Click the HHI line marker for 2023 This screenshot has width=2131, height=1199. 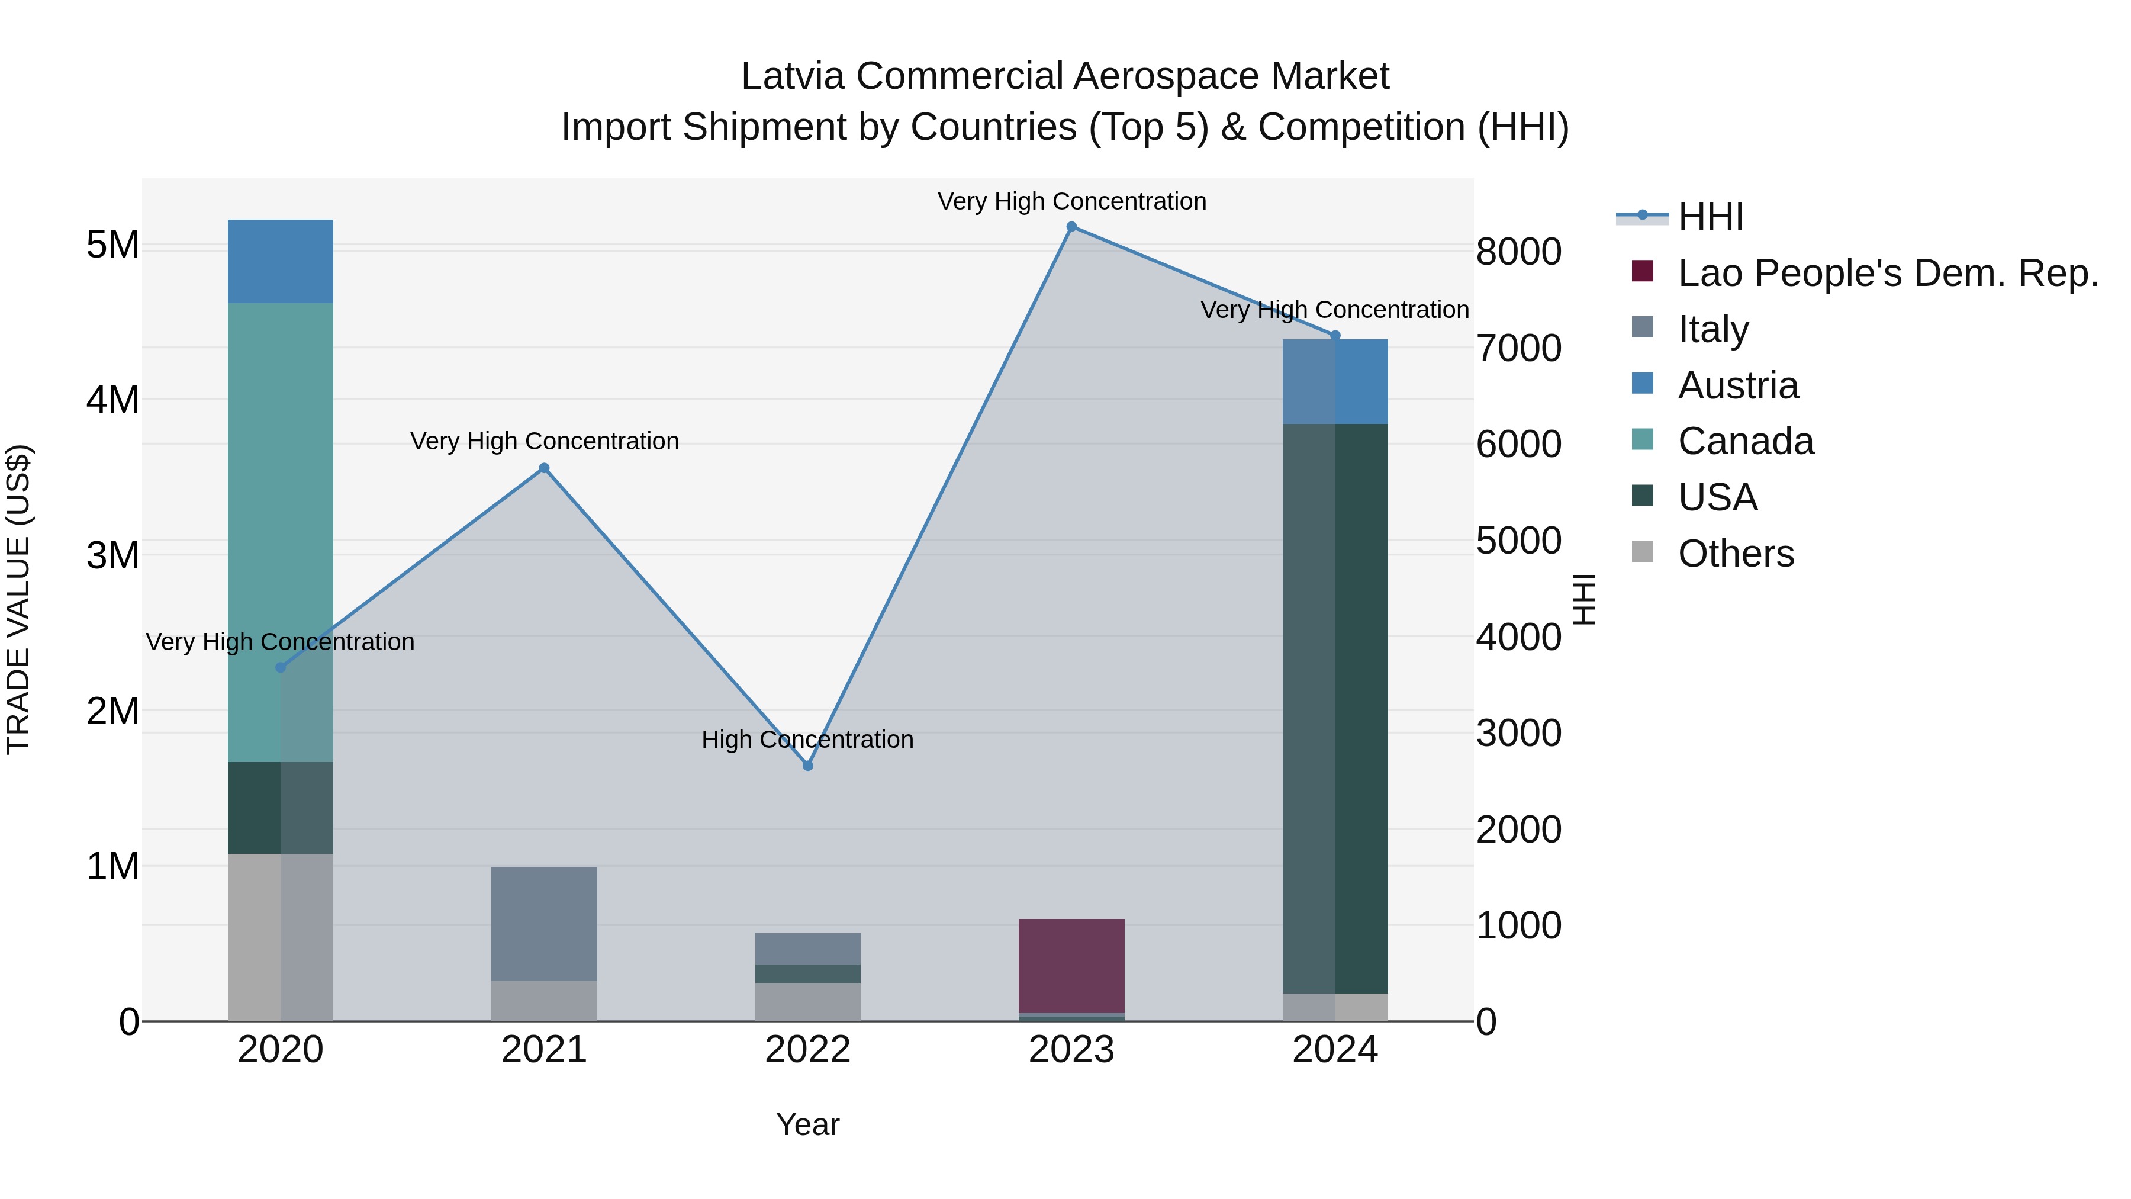(x=1071, y=227)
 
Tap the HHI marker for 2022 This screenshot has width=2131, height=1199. (x=808, y=766)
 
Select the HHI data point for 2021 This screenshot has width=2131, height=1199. (x=545, y=468)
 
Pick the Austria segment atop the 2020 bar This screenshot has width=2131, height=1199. (x=281, y=262)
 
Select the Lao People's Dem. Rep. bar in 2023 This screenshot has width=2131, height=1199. (x=1071, y=966)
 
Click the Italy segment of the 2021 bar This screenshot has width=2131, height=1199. (x=545, y=924)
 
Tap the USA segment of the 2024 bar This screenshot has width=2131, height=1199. (x=1335, y=708)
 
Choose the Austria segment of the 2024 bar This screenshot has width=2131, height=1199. (x=1335, y=381)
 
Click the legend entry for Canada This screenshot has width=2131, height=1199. (x=1746, y=442)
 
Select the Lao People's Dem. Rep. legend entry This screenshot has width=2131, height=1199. (x=1888, y=273)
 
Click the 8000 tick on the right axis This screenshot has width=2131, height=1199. (x=1519, y=252)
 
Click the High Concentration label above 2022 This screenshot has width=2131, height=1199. (x=807, y=740)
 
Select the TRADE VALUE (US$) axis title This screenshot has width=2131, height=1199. (x=19, y=599)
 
